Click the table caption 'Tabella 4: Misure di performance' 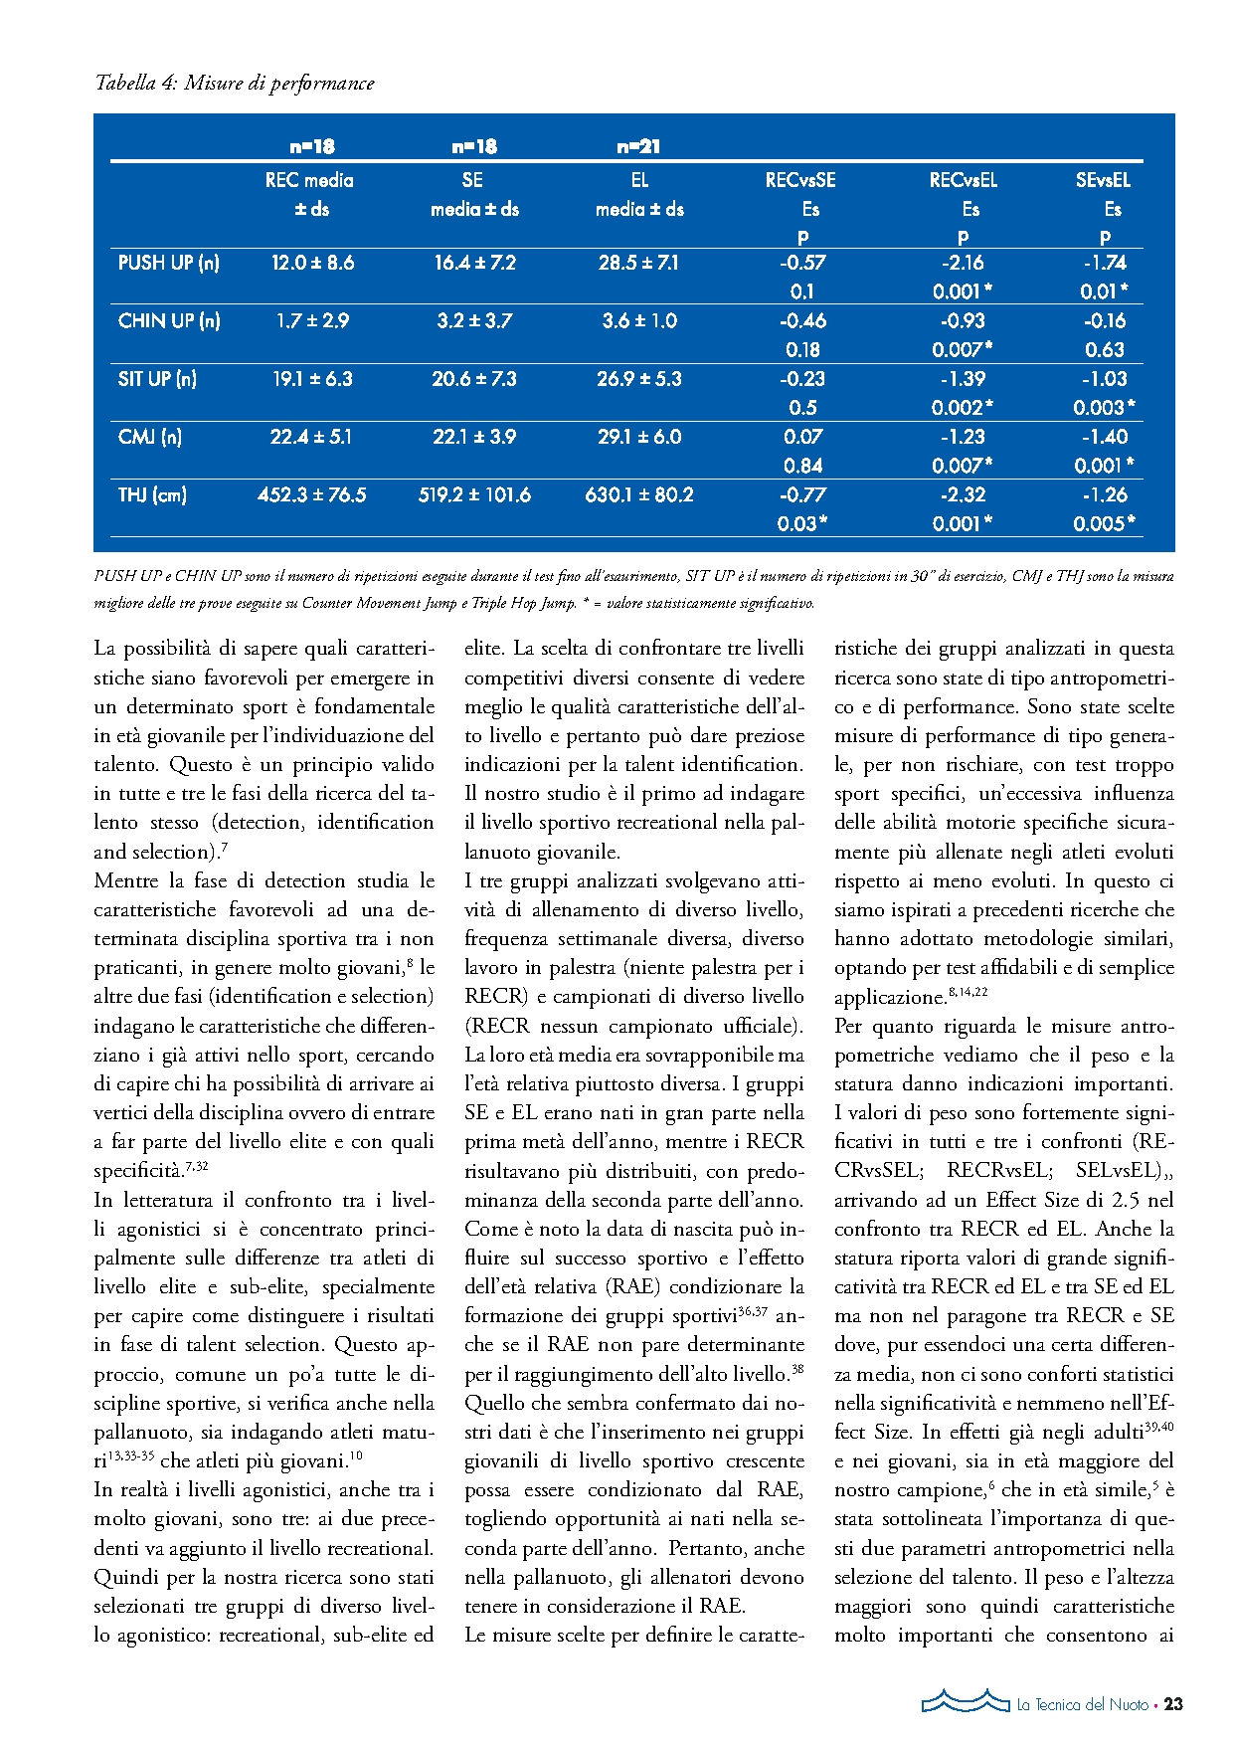pos(235,84)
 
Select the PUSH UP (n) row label pos(168,264)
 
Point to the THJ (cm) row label pos(152,494)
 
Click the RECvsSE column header pos(800,181)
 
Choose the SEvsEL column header pos(1103,181)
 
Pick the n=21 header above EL pos(638,147)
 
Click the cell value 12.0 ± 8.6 pos(312,264)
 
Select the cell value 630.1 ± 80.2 pos(639,494)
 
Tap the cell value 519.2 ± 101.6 pos(474,494)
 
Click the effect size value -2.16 pos(963,264)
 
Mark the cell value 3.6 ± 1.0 pos(639,321)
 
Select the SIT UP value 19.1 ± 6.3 pos(312,379)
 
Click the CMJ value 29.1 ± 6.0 pos(639,437)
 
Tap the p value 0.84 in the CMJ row pos(802,466)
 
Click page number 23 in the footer pos(1173,1704)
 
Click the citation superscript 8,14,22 pos(968,992)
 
